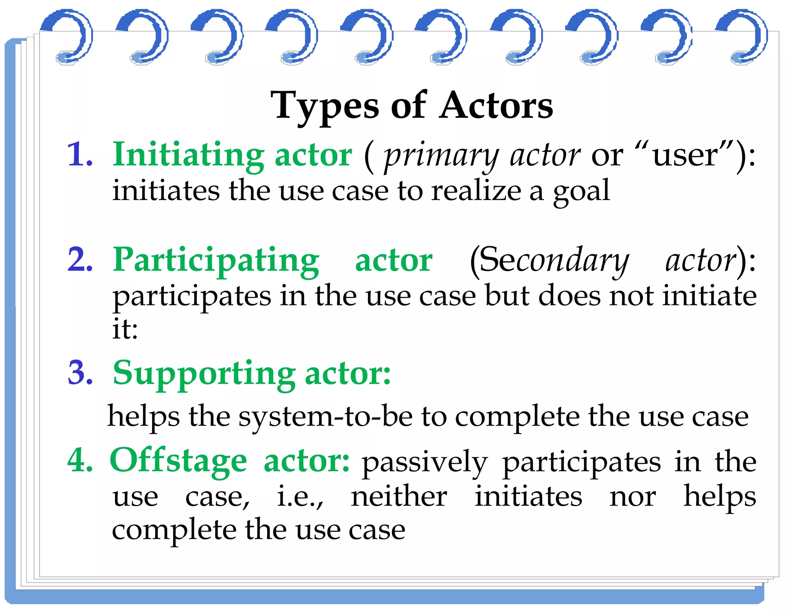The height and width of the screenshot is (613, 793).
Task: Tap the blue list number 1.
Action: pos(80,155)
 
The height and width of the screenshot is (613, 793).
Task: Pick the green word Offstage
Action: pos(179,460)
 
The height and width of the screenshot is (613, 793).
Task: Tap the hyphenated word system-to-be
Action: pos(325,417)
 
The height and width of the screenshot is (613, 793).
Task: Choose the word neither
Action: pos(399,497)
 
